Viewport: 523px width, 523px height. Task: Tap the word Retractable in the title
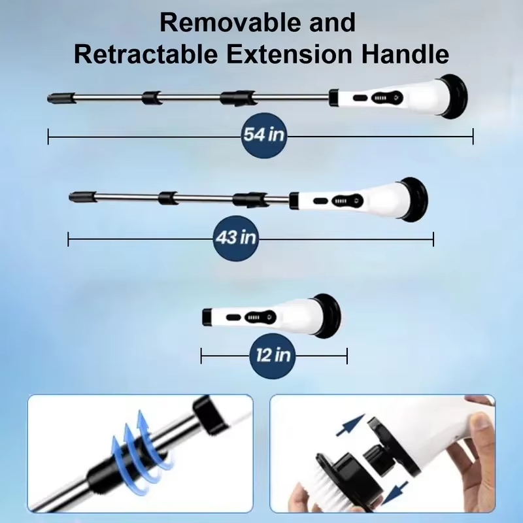click(146, 54)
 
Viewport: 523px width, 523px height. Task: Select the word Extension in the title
click(290, 54)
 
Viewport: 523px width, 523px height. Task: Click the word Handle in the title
click(405, 54)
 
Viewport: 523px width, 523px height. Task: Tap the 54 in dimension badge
click(264, 135)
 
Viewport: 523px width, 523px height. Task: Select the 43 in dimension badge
click(236, 238)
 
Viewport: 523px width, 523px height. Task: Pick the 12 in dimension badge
click(273, 356)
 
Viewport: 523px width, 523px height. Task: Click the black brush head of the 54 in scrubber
click(454, 97)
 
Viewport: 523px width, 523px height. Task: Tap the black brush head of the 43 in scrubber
click(414, 199)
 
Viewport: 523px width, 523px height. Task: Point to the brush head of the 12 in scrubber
click(328, 316)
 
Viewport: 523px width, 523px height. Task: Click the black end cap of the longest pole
click(61, 98)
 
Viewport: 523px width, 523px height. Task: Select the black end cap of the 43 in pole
click(83, 197)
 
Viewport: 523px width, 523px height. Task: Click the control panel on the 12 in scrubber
click(260, 317)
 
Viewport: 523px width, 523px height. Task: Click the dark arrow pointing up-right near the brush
click(350, 425)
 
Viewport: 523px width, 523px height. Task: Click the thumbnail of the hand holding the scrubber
click(382, 454)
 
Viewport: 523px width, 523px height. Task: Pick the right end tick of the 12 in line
click(347, 356)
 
